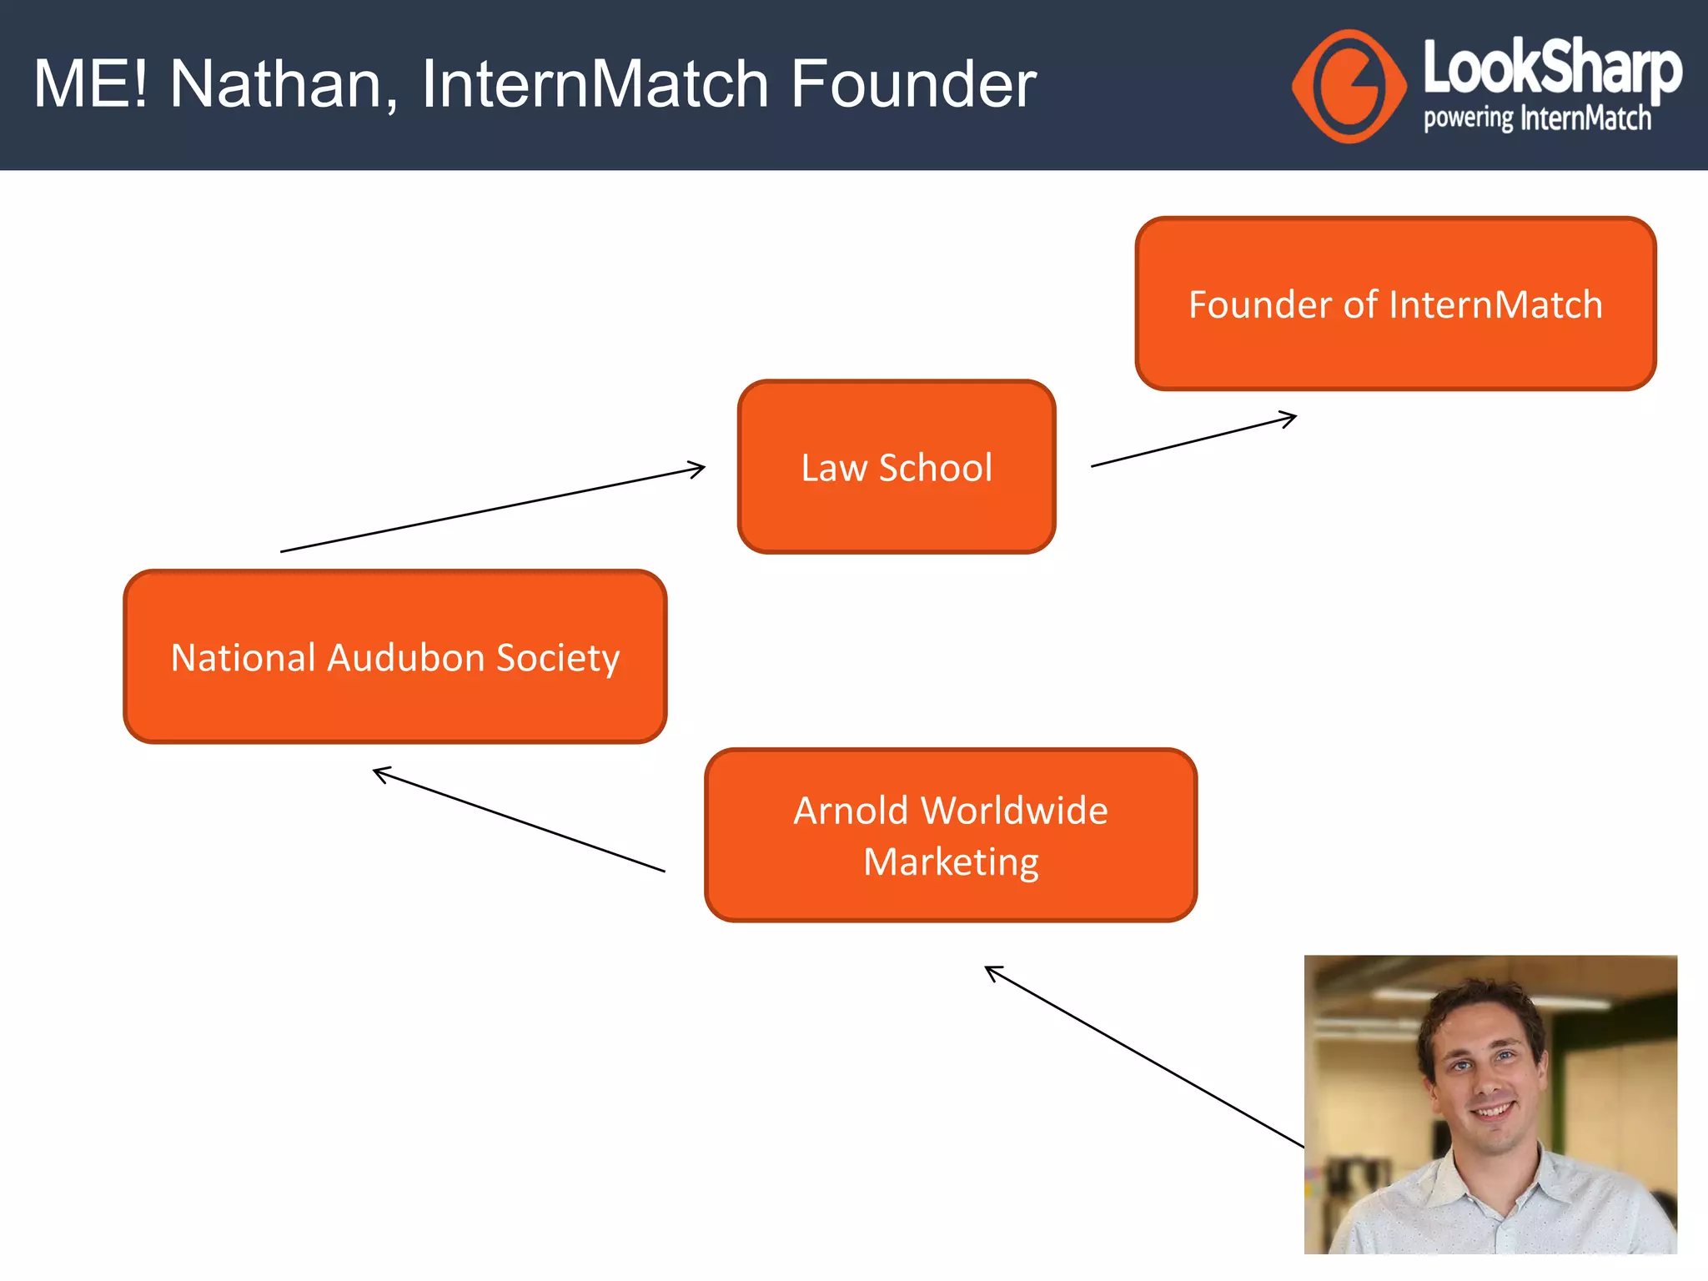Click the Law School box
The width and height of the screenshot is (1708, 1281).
click(x=897, y=467)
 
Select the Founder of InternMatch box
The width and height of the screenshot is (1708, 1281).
click(x=1395, y=304)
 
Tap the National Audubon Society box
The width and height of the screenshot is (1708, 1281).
click(x=394, y=657)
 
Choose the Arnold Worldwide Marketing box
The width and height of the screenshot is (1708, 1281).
click(x=951, y=835)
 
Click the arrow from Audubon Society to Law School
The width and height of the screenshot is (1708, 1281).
click(x=492, y=510)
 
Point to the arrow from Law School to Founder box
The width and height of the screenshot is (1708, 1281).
click(x=1193, y=440)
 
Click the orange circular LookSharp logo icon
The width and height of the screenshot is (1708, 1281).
click(x=1349, y=86)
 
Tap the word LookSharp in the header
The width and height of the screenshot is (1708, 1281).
click(x=1551, y=67)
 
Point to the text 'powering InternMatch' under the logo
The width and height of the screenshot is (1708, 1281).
click(x=1537, y=119)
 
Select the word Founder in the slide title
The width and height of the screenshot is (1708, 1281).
click(x=912, y=84)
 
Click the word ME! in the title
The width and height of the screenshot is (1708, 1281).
click(x=91, y=84)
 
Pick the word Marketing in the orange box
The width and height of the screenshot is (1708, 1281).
click(x=951, y=862)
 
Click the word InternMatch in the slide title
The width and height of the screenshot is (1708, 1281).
click(x=595, y=84)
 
